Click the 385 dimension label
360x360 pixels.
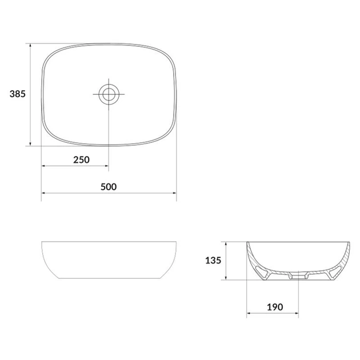click(18, 94)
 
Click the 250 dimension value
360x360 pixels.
click(81, 160)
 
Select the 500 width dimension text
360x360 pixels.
click(109, 187)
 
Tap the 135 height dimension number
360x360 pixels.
click(213, 261)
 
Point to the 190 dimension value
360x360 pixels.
click(275, 307)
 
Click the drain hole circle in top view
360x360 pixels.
click(109, 94)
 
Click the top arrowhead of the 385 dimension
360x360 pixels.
click(30, 46)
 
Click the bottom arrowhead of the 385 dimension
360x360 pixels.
click(30, 143)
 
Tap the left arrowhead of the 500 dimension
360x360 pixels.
click(43, 193)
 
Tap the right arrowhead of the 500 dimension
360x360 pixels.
click(174, 193)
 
